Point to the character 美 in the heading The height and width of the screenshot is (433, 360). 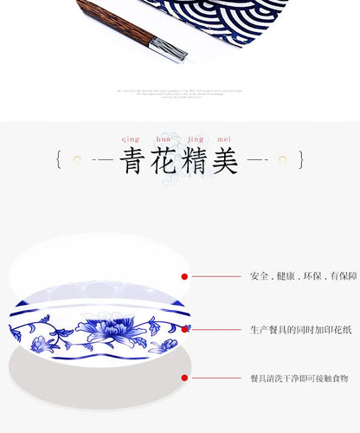click(x=225, y=160)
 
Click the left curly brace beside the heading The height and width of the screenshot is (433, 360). click(x=58, y=160)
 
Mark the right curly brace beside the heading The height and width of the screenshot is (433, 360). click(x=301, y=160)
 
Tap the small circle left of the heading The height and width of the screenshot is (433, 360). click(x=77, y=160)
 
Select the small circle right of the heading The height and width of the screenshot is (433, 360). click(x=282, y=160)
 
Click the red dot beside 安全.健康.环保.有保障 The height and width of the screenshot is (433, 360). click(x=184, y=276)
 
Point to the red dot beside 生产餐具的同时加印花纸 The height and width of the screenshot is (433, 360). click(x=184, y=329)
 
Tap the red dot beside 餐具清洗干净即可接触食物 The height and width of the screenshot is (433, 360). click(x=184, y=378)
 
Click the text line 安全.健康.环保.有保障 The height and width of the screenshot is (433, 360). click(x=303, y=276)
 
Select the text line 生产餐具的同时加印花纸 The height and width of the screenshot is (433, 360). click(x=300, y=329)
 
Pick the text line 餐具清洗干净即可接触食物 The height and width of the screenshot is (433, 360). click(x=299, y=378)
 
